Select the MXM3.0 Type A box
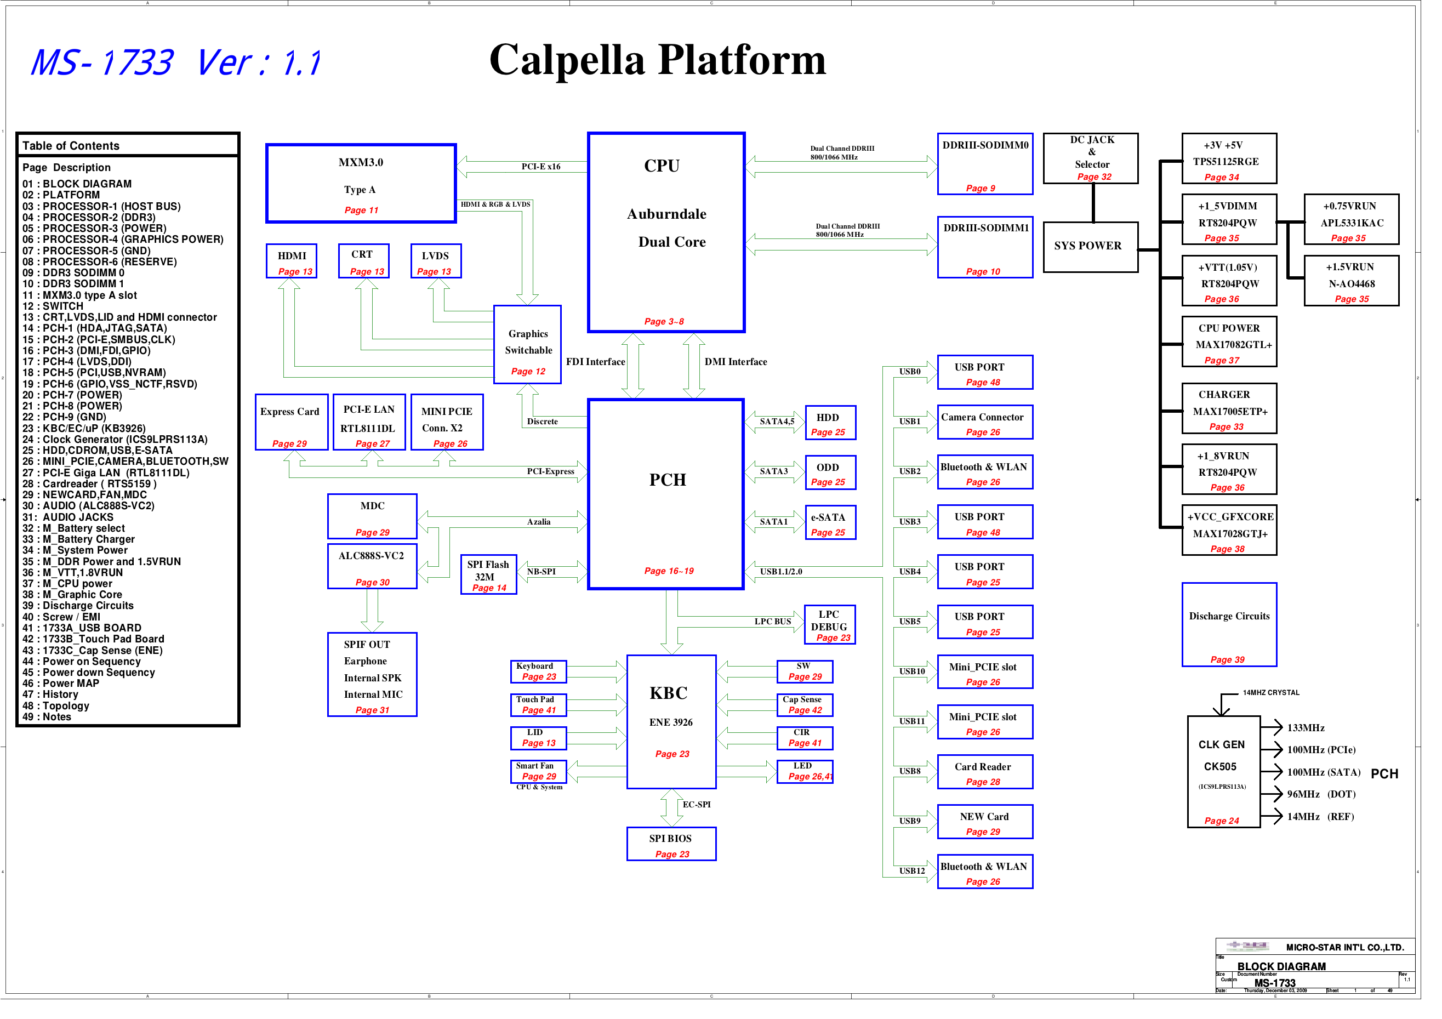(x=361, y=183)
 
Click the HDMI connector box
(x=292, y=261)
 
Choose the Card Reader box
(x=984, y=772)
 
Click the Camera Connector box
(x=984, y=422)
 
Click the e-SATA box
(x=830, y=523)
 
